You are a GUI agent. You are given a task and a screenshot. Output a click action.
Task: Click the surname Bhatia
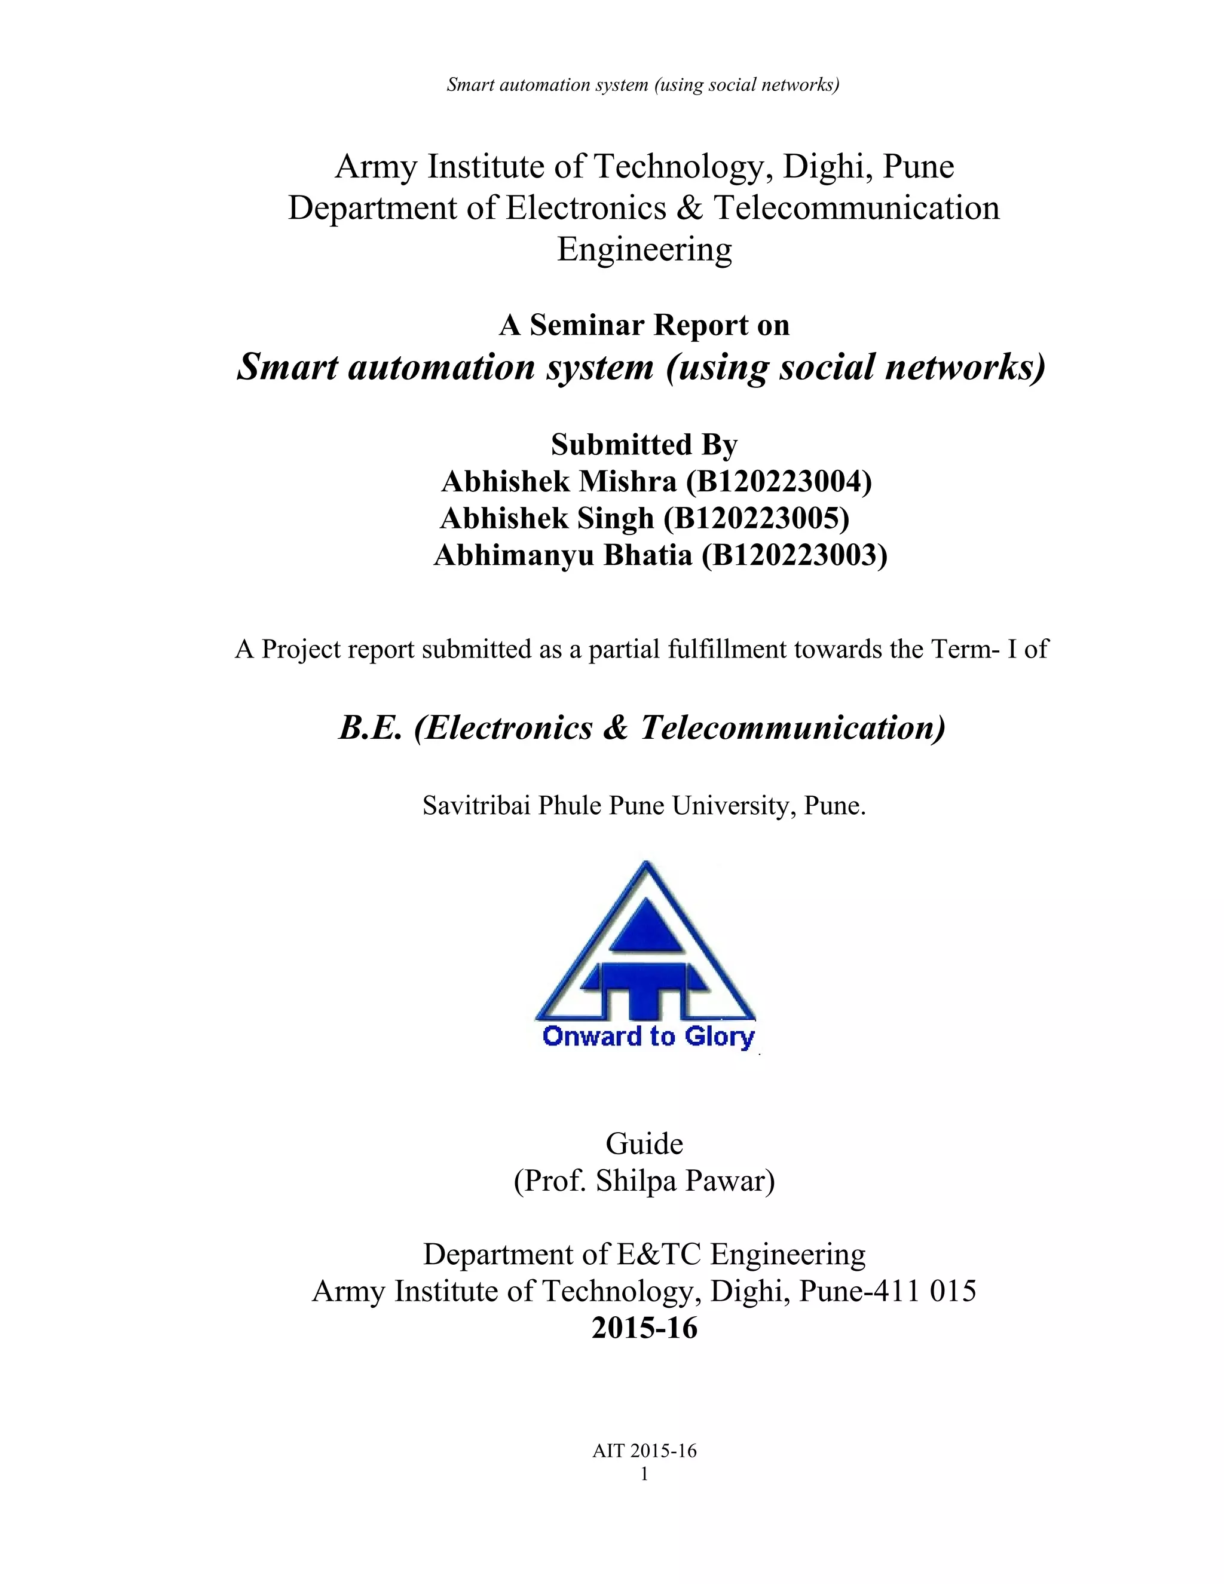point(647,555)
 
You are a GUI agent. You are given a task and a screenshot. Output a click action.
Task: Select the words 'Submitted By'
point(644,445)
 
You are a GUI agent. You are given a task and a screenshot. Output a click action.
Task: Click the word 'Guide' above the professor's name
point(644,1143)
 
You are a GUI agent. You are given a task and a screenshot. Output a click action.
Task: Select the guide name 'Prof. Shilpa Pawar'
point(644,1181)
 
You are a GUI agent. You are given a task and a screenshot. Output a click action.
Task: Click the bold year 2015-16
point(644,1328)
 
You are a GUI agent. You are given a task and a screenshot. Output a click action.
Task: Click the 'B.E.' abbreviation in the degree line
point(370,727)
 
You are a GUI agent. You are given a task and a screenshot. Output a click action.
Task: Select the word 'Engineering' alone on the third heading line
point(644,249)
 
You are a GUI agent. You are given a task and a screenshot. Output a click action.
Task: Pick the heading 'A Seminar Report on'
point(644,325)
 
